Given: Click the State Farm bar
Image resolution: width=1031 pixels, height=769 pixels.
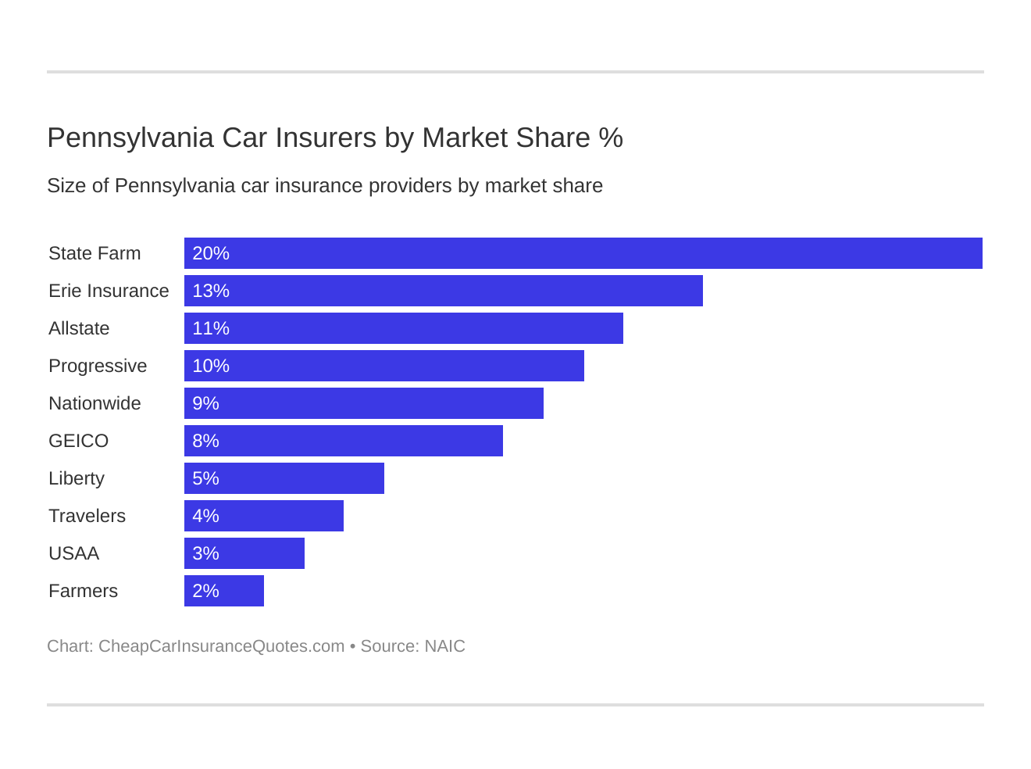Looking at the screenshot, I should pyautogui.click(x=583, y=253).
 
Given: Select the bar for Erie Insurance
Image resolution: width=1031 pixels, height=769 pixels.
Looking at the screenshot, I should pyautogui.click(x=443, y=291).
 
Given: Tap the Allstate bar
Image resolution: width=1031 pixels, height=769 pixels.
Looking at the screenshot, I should pyautogui.click(x=403, y=328).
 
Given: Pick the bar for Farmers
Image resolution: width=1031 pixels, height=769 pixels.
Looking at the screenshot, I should pyautogui.click(x=223, y=591).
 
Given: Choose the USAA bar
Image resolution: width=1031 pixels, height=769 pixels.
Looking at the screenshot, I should pyautogui.click(x=244, y=553).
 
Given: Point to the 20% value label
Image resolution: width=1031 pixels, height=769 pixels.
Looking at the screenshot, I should pyautogui.click(x=211, y=253).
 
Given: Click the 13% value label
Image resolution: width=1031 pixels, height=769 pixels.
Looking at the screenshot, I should pyautogui.click(x=211, y=291).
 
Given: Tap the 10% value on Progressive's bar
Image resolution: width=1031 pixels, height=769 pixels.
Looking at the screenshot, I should pyautogui.click(x=211, y=366).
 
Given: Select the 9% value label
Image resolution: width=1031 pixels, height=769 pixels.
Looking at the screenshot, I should pyautogui.click(x=205, y=403).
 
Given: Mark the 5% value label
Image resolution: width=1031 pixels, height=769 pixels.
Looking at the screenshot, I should pyautogui.click(x=205, y=478).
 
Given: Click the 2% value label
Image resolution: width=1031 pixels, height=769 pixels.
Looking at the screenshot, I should pyautogui.click(x=205, y=591).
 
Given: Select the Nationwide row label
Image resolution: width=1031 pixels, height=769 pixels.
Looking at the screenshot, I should pyautogui.click(x=95, y=403).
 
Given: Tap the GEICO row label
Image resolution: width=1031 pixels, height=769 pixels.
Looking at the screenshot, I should pyautogui.click(x=78, y=441).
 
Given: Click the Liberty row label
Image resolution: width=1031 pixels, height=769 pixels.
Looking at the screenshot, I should pyautogui.click(x=76, y=478).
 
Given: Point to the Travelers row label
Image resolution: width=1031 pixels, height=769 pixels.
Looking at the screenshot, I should pyautogui.click(x=87, y=516).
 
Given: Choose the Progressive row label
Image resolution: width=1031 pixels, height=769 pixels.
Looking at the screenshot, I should pyautogui.click(x=98, y=366).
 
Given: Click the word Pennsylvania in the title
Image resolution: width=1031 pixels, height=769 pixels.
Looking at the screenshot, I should pyautogui.click(x=130, y=138).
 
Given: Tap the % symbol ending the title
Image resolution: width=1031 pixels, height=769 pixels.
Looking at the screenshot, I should pyautogui.click(x=611, y=138).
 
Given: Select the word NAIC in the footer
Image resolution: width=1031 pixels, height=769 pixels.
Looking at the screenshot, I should pyautogui.click(x=444, y=646).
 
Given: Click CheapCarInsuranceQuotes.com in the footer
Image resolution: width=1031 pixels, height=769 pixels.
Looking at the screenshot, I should pyautogui.click(x=221, y=646).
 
